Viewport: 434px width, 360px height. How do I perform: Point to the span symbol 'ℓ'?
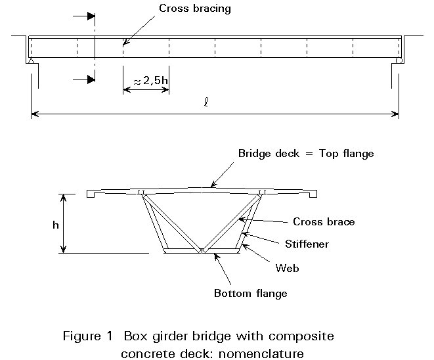click(x=206, y=103)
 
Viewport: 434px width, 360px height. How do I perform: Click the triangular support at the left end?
click(x=31, y=60)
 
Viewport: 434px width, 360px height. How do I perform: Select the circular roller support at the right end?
click(x=399, y=60)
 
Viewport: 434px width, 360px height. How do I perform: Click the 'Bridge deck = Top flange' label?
click(x=305, y=153)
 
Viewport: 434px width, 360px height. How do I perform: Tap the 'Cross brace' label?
click(x=324, y=221)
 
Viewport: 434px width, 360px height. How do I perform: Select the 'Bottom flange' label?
click(x=250, y=292)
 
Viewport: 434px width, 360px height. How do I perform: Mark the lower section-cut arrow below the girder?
click(x=83, y=79)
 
